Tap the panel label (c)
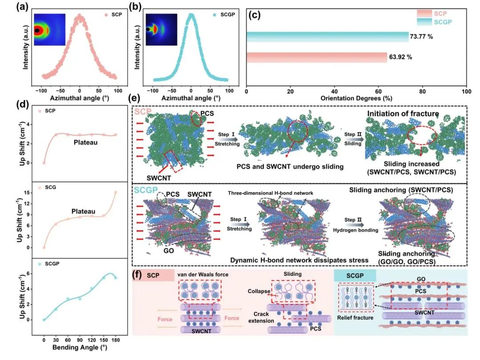tap(255, 14)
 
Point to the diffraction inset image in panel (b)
tap(161, 30)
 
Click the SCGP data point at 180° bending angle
tap(116, 278)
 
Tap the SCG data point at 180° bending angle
tap(116, 192)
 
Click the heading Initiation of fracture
tap(403, 114)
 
